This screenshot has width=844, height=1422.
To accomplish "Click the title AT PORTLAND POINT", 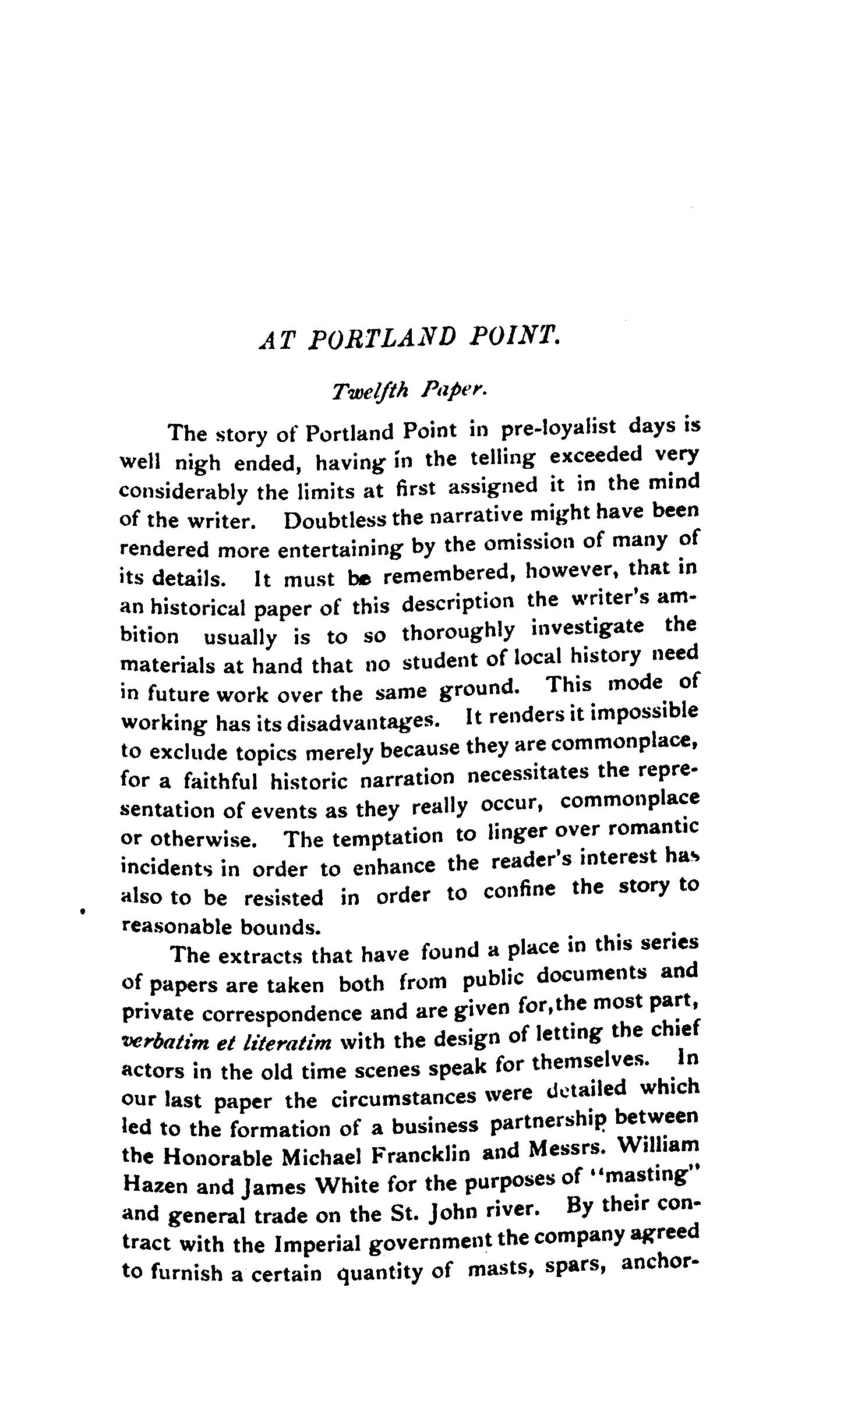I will (x=408, y=337).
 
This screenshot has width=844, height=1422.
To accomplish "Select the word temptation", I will (x=387, y=837).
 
